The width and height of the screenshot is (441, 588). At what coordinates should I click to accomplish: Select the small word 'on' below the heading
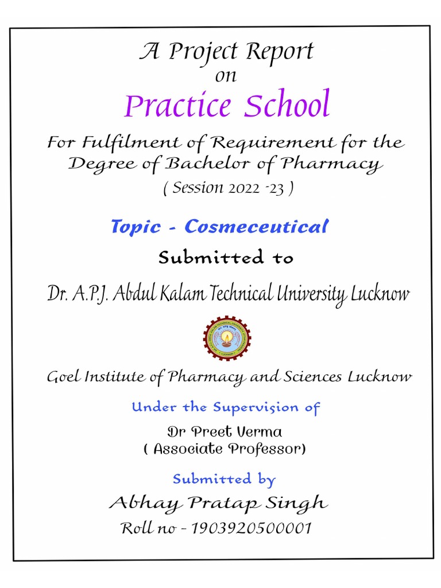(x=226, y=76)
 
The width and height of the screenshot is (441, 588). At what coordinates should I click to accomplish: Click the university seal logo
(x=227, y=338)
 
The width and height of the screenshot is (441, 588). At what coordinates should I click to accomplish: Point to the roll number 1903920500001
(x=253, y=528)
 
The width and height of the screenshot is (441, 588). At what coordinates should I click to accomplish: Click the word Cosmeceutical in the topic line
(x=256, y=227)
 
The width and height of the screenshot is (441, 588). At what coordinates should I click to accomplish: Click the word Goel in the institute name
(x=64, y=377)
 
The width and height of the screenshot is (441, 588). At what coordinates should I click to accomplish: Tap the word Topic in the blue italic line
(x=136, y=227)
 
